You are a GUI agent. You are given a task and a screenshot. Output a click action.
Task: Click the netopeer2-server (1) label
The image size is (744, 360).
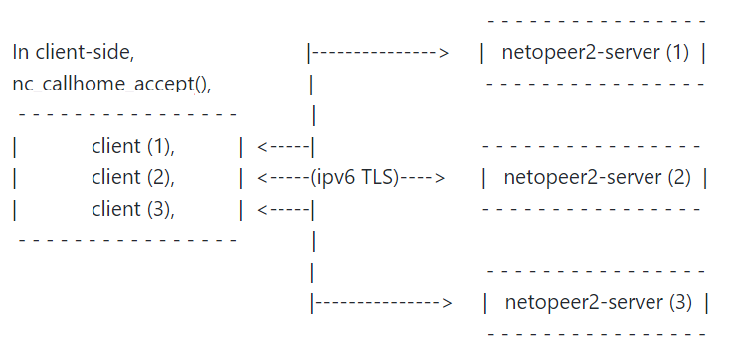(x=595, y=52)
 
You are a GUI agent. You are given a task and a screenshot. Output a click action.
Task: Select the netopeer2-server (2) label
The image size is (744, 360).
(x=597, y=178)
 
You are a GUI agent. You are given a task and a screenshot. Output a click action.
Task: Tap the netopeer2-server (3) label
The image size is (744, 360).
(x=599, y=302)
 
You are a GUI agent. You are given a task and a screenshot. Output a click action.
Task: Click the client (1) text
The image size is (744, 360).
(x=133, y=147)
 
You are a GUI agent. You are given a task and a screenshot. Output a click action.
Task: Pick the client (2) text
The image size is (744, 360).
(x=133, y=178)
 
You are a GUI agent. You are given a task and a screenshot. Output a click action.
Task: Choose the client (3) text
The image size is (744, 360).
(x=133, y=209)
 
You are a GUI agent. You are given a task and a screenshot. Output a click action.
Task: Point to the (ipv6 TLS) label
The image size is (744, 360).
(x=355, y=178)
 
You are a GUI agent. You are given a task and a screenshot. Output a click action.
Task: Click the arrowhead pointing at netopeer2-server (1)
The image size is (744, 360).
(x=443, y=52)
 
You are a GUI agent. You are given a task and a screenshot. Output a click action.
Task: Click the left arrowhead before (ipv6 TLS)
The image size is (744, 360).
(x=263, y=178)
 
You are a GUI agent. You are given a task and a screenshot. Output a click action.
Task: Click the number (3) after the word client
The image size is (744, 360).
(x=160, y=209)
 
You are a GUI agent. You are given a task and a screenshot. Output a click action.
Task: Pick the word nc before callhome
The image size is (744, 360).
(x=24, y=84)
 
